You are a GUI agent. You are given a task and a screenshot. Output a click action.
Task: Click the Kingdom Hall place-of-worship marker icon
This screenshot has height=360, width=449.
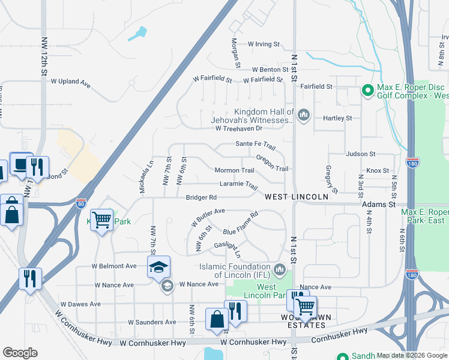[x=304, y=114]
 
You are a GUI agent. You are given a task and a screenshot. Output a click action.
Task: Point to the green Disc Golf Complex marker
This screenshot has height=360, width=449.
[x=368, y=91]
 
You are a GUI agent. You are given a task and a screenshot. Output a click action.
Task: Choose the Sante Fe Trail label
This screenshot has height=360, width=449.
[x=255, y=145]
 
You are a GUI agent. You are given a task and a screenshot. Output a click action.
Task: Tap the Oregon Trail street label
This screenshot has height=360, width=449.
[x=272, y=163]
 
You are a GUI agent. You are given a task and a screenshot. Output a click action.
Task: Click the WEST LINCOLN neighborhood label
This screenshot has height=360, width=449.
[x=297, y=197]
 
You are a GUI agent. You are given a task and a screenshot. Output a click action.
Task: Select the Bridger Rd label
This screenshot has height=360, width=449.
[x=200, y=197]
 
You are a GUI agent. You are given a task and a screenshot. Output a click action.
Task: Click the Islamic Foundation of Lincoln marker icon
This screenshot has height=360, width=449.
[x=279, y=269]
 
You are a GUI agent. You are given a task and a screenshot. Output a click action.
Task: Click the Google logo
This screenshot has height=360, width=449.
[x=20, y=353]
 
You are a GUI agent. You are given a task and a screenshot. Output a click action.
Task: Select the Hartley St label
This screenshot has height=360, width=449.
[x=337, y=118]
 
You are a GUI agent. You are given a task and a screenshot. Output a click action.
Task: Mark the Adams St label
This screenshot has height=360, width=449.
[x=379, y=205]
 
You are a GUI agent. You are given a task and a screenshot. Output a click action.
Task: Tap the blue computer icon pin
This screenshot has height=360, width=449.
[x=22, y=164]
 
